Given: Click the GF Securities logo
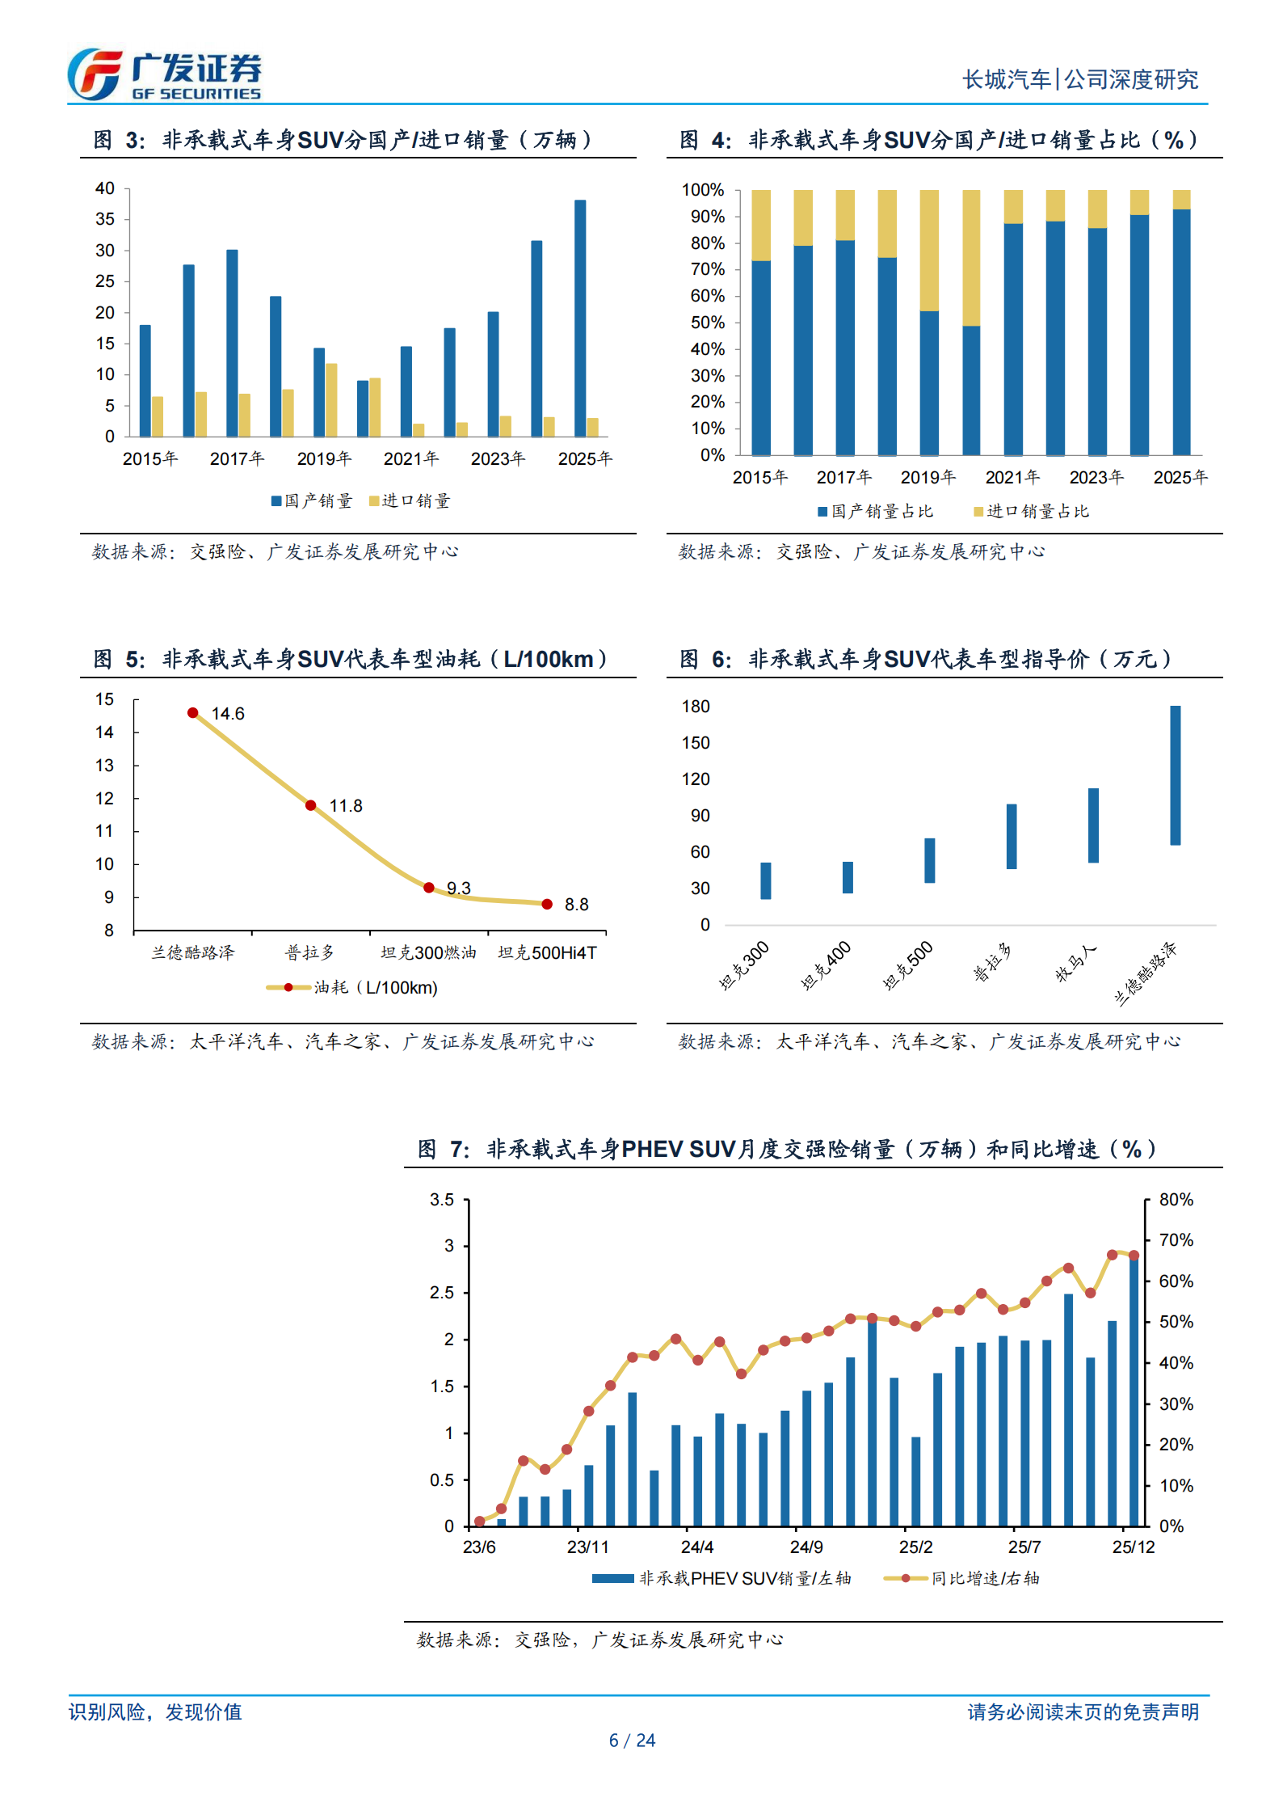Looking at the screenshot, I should (164, 74).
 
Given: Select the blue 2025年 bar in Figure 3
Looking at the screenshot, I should (579, 318).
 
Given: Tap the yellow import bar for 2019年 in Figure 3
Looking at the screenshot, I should (331, 399).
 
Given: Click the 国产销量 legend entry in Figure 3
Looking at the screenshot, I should (312, 501).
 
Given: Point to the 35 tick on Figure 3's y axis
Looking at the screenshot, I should (105, 219).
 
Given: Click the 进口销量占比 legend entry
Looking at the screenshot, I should (1031, 512).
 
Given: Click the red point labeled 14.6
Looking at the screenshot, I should (192, 713).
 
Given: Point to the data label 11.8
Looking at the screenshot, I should (346, 806).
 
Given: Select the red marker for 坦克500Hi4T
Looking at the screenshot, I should (547, 904).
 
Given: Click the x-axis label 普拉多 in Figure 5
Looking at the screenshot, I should (310, 953).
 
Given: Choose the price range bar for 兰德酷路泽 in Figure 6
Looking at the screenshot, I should (1175, 775).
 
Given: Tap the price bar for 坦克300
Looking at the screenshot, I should (765, 880).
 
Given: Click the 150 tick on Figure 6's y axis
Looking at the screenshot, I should (696, 743).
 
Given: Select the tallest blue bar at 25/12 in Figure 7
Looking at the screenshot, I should (1134, 1391).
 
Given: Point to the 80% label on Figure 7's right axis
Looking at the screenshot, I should (1176, 1200).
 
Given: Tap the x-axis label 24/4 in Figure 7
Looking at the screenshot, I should (696, 1547).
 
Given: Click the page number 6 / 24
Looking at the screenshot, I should (632, 1741).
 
